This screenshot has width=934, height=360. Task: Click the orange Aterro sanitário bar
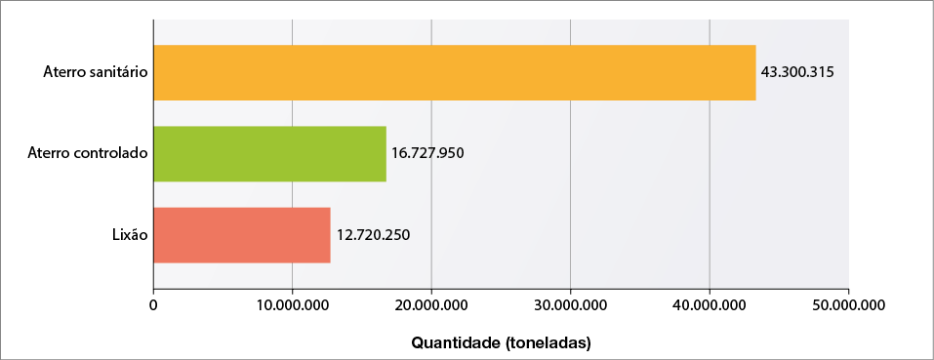point(454,72)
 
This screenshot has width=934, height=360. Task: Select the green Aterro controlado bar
point(269,153)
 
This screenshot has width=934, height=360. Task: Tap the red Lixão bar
point(241,235)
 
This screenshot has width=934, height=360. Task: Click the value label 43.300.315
point(797,72)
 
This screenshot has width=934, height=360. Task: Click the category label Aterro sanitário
point(96,72)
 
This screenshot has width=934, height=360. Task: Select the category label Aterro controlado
point(88,153)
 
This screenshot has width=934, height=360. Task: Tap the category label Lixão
point(130,235)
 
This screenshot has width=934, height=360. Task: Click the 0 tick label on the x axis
point(153,305)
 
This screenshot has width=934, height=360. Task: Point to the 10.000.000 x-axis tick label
point(292,305)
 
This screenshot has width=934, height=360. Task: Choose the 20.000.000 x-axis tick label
point(431,305)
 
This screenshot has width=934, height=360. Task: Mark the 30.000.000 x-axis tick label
point(570,305)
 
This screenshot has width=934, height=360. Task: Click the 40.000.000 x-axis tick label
point(710,305)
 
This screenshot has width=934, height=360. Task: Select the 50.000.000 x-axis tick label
point(848,305)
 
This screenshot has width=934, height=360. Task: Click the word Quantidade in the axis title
point(456,343)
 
